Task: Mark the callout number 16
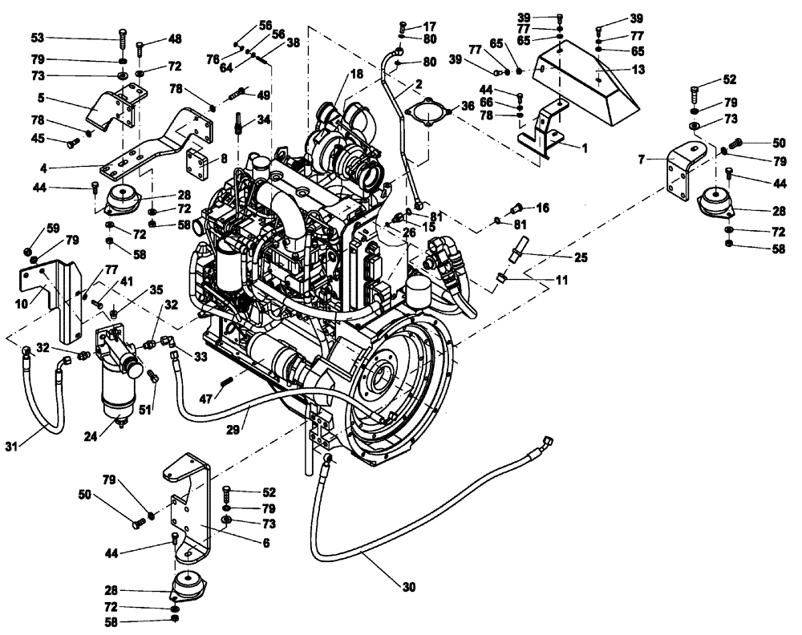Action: [x=543, y=208]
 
